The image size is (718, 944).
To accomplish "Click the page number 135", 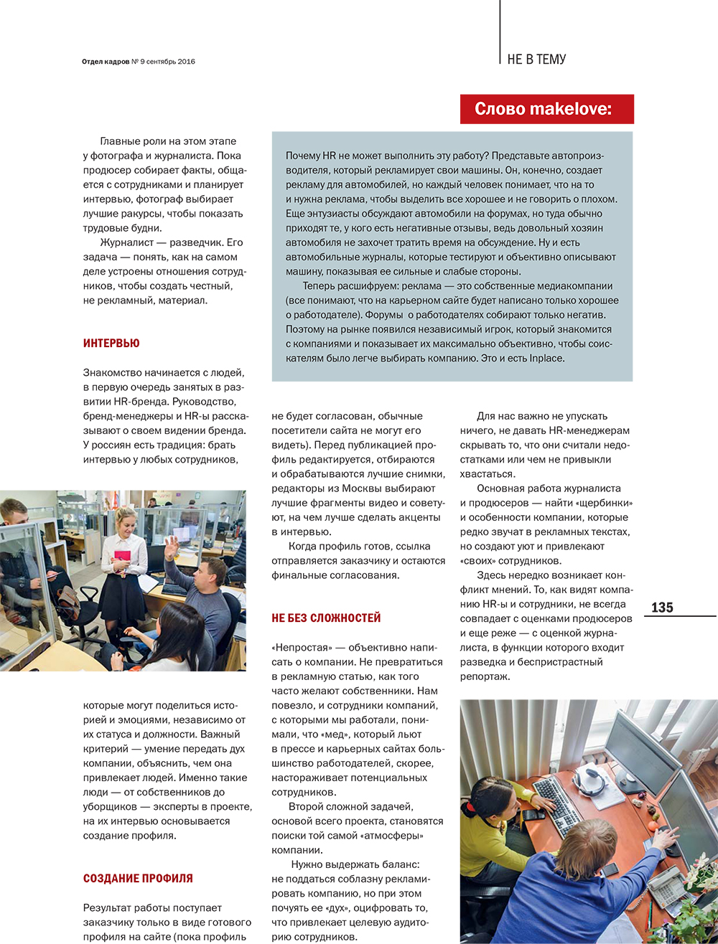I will click(x=662, y=608).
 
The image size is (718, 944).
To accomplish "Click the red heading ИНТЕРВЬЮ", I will click(x=111, y=344).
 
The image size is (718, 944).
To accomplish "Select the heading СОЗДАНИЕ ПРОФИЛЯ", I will click(x=138, y=878).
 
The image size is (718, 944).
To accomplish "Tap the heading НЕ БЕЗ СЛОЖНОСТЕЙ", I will click(x=326, y=618).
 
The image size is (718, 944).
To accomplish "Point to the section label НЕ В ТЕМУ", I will click(x=536, y=60).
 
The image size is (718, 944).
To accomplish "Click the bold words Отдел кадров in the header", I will click(x=106, y=62).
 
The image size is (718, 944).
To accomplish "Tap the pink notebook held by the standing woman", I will click(x=123, y=557).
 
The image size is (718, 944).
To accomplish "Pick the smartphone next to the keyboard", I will click(x=533, y=815).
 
